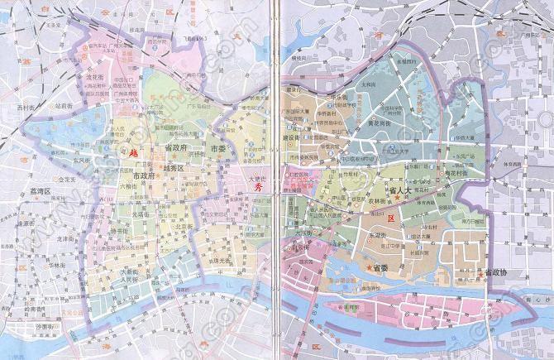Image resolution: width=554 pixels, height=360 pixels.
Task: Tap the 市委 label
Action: [217, 149]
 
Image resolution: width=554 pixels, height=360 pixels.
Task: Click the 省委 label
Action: [380, 267]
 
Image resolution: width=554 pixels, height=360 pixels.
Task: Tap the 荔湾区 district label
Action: [36, 191]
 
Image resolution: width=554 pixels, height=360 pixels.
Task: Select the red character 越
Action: [130, 153]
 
